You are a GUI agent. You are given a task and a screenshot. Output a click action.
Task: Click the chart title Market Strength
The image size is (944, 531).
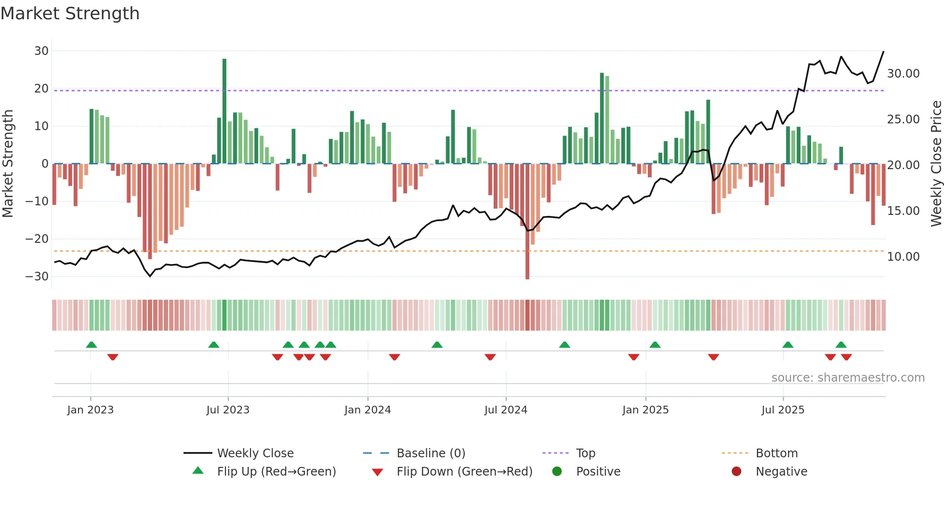tap(70, 13)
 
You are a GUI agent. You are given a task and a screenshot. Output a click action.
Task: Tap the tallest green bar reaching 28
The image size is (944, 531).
tap(224, 111)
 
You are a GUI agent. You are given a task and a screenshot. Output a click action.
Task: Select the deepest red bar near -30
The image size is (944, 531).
tap(527, 222)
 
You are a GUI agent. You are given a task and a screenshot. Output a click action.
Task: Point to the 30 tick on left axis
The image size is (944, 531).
tap(41, 51)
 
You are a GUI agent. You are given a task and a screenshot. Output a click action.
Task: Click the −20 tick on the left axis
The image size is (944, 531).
tap(37, 239)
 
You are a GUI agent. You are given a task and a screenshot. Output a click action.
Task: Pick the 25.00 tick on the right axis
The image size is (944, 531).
tap(903, 119)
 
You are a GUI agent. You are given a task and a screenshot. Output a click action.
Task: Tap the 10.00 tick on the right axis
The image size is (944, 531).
tap(903, 257)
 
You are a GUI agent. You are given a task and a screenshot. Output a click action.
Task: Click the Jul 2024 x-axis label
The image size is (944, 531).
tap(506, 410)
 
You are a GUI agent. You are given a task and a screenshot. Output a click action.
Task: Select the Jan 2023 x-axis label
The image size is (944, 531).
tap(91, 410)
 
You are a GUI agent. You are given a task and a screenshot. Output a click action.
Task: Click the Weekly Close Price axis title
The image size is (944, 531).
tap(936, 164)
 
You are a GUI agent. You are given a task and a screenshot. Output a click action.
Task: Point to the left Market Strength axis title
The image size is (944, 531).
tap(8, 164)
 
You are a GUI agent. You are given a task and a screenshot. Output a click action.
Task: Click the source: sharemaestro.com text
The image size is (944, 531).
tap(848, 378)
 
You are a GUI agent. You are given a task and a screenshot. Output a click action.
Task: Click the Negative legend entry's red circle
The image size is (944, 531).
tap(736, 472)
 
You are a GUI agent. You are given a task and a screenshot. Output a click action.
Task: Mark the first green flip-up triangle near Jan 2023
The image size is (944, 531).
tap(92, 345)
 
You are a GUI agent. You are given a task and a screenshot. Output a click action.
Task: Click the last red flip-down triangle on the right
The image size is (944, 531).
tap(846, 357)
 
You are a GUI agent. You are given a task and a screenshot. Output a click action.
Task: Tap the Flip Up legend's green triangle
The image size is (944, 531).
tap(198, 471)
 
